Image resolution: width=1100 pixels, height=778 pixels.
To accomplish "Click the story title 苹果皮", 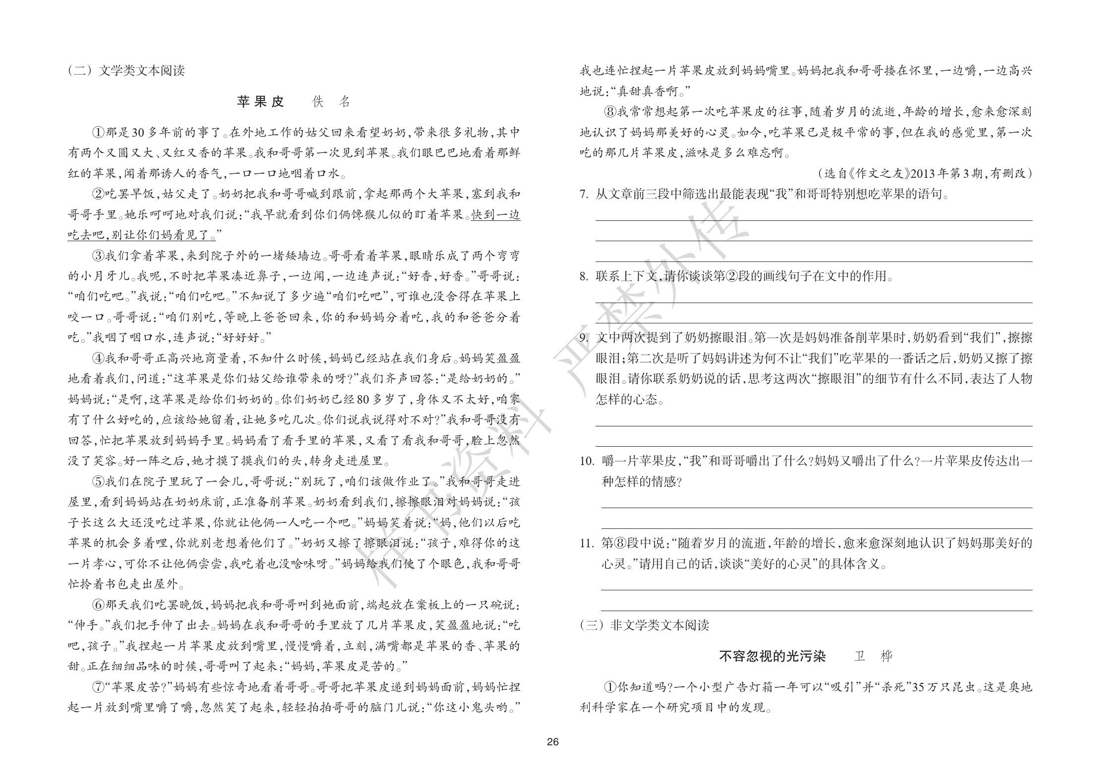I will (261, 102).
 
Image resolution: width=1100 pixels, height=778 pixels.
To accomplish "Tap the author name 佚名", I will (331, 102).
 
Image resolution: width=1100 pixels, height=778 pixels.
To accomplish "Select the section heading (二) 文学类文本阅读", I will (126, 71).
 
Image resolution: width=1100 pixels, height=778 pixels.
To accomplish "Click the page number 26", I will (552, 742).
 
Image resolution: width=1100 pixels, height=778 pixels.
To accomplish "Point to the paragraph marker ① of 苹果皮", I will (98, 133).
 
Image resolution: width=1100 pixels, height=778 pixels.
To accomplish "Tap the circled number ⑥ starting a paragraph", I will (98, 605).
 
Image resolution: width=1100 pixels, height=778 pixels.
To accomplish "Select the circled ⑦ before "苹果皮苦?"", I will (98, 687).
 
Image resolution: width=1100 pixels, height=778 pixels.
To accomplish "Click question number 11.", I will (587, 543).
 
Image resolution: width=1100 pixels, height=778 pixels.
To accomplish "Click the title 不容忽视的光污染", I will (772, 657).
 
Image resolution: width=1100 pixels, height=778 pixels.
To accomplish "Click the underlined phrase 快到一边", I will (495, 215).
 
